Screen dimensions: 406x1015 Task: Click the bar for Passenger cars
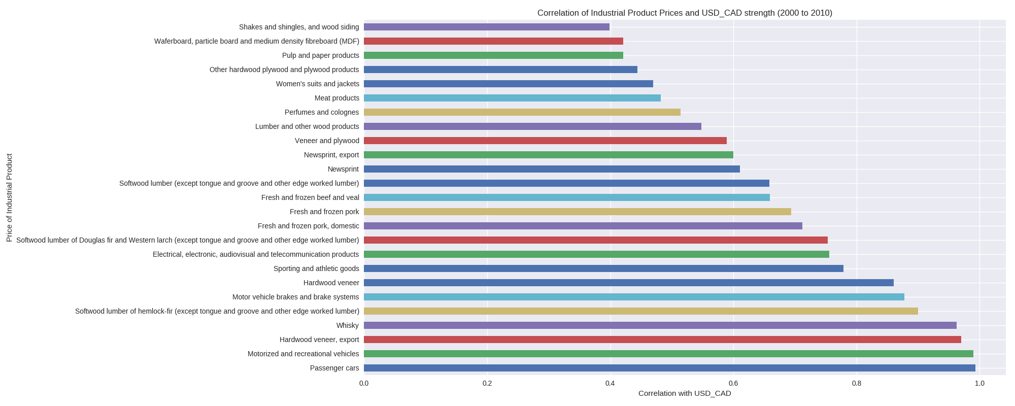coord(669,368)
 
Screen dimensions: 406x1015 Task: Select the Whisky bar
coord(660,325)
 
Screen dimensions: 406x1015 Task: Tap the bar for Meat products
coord(512,98)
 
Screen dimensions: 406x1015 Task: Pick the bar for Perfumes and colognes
coord(522,112)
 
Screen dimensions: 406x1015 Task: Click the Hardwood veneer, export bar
coord(662,340)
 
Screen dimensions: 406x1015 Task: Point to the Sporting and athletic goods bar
coord(603,268)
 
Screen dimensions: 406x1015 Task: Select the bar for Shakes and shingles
coord(486,27)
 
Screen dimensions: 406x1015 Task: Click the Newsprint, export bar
coord(548,155)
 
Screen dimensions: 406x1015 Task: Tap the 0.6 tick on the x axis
coord(733,383)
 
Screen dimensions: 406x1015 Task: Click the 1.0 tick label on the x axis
coord(979,383)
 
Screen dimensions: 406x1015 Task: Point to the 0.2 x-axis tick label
coord(487,383)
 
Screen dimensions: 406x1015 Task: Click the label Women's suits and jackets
coord(317,84)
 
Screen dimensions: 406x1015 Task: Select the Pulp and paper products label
coord(320,55)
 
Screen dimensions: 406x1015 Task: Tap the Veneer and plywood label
coord(327,141)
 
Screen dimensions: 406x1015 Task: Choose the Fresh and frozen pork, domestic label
coord(308,226)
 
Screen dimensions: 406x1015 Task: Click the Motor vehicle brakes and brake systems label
coord(295,297)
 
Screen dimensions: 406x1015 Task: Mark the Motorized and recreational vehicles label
coord(303,354)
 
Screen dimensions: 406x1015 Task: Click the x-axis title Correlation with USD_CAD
coord(685,393)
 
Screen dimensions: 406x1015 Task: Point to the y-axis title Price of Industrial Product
coord(9,198)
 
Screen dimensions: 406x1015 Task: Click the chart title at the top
coord(685,13)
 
